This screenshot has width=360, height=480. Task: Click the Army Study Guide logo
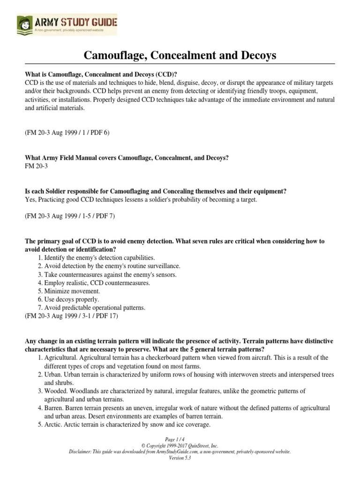click(x=67, y=24)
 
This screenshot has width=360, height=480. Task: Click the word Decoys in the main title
click(x=256, y=56)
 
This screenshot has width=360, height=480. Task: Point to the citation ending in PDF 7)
click(x=70, y=216)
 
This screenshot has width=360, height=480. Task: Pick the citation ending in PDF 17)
click(x=72, y=316)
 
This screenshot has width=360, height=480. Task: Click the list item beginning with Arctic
click(x=127, y=425)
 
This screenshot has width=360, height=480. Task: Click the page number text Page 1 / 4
click(x=180, y=440)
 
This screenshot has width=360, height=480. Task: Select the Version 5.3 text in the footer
click(x=180, y=458)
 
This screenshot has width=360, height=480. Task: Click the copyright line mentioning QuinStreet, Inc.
click(x=180, y=446)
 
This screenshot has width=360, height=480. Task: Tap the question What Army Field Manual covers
click(x=127, y=158)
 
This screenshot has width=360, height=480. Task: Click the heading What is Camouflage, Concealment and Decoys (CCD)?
click(x=101, y=74)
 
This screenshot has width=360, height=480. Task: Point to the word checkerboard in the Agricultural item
click(x=186, y=358)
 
